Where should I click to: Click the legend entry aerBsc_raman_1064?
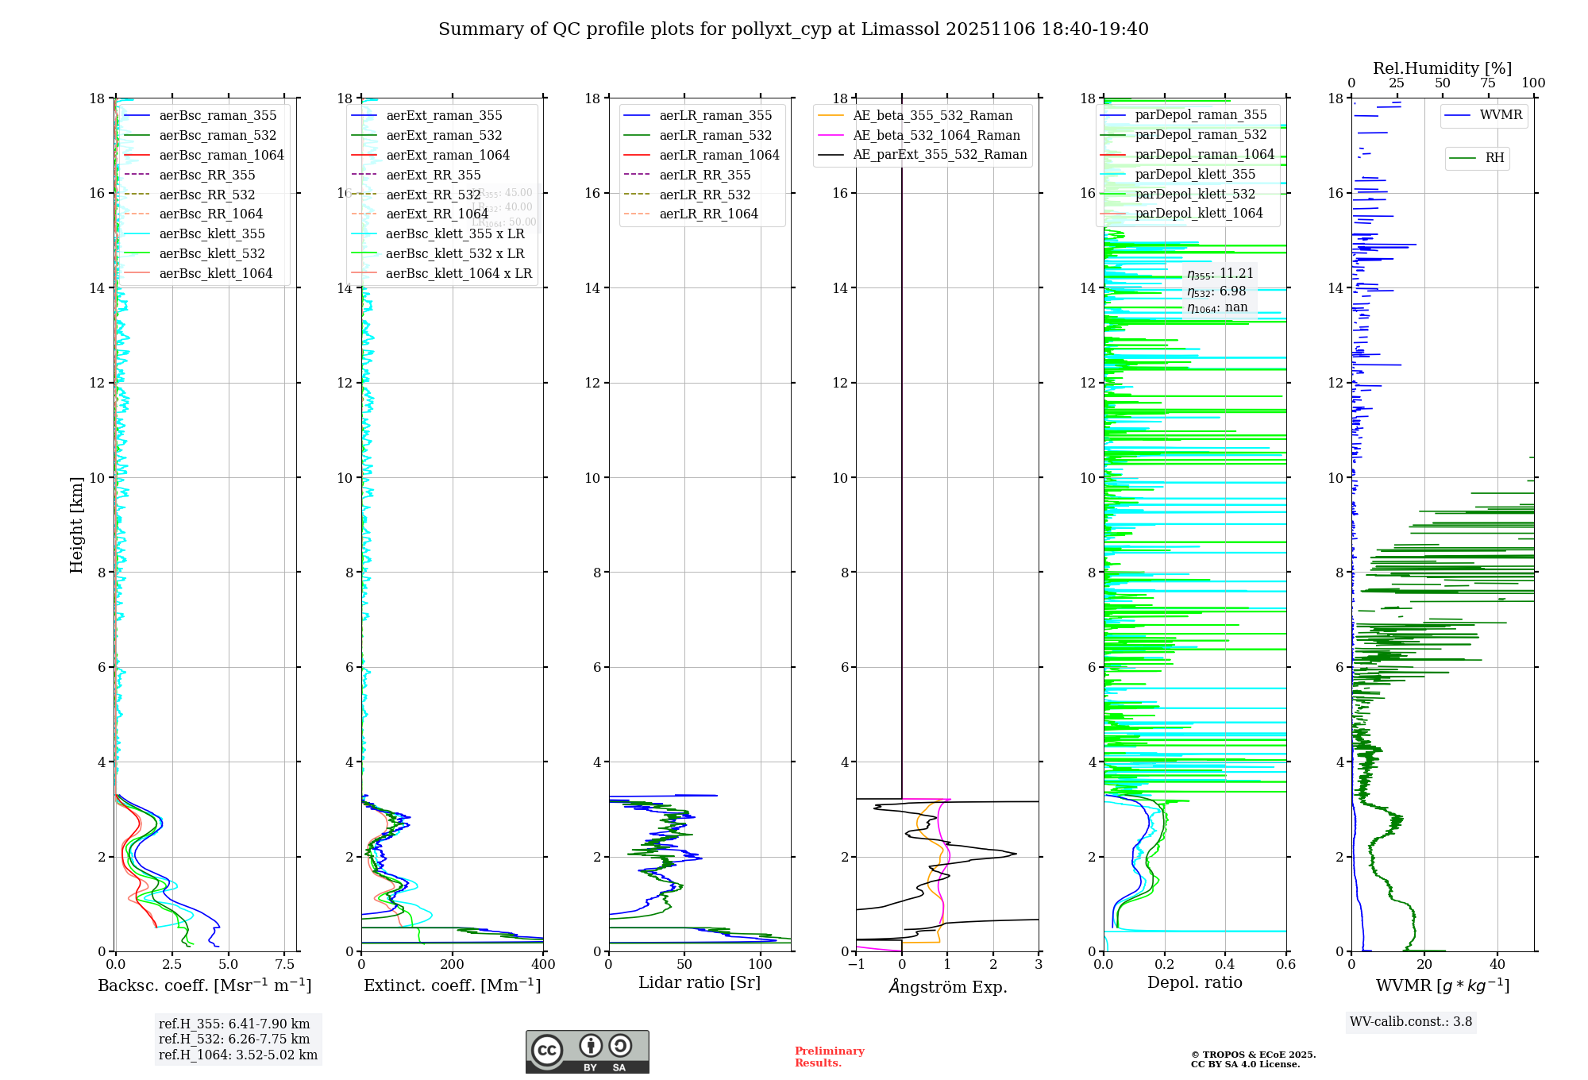point(221,155)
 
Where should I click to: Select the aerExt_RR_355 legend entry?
point(434,175)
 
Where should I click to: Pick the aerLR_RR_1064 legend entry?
point(708,214)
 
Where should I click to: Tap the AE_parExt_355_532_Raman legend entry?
point(939,154)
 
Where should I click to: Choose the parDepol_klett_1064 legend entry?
point(1198,213)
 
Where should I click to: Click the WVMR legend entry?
point(1501,115)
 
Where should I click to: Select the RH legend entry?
point(1494,158)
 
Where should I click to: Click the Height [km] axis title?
point(76,524)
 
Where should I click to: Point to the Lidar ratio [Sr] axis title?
point(700,982)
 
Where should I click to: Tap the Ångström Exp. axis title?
point(947,987)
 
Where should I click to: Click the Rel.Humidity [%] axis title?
point(1442,68)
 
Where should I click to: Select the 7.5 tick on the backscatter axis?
point(285,965)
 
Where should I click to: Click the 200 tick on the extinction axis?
point(452,965)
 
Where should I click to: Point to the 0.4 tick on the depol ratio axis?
point(1225,965)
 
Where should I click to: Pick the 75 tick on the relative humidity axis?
point(1488,83)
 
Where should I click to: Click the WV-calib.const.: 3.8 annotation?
point(1411,1021)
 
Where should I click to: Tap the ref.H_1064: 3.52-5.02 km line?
point(238,1055)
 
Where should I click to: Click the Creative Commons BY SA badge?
point(587,1051)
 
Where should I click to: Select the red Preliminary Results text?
point(829,1056)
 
